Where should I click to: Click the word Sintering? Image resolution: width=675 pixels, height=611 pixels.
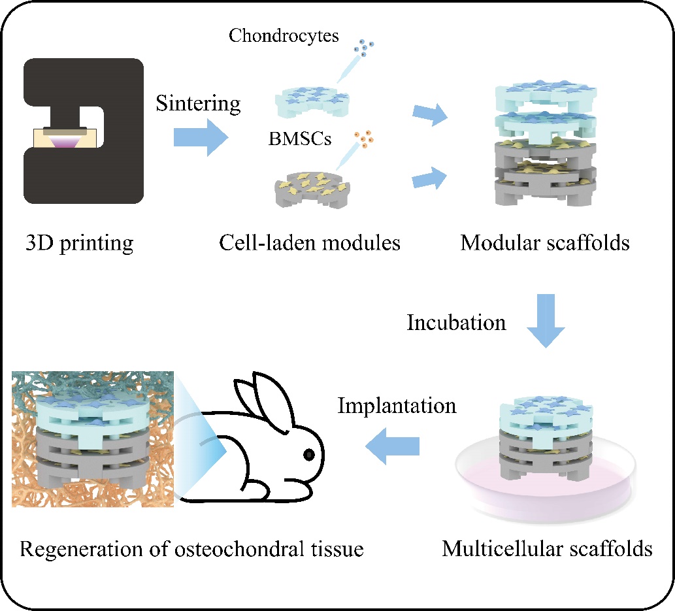coord(198,103)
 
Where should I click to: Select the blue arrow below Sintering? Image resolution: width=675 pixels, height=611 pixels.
coord(200,138)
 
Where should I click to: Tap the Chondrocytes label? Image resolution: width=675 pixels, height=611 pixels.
coord(284,35)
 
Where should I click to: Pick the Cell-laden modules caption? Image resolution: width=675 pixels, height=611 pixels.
coord(310,243)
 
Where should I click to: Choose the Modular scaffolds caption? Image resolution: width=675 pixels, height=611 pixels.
coord(545,243)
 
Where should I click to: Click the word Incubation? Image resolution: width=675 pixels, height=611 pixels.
coord(456,322)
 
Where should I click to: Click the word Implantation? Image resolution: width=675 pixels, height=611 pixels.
coord(397,405)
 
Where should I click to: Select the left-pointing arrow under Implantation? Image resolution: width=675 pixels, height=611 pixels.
coord(392,446)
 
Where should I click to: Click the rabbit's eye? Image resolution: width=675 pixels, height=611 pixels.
coord(308,454)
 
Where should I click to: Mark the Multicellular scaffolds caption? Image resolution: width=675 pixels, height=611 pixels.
coord(547,548)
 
